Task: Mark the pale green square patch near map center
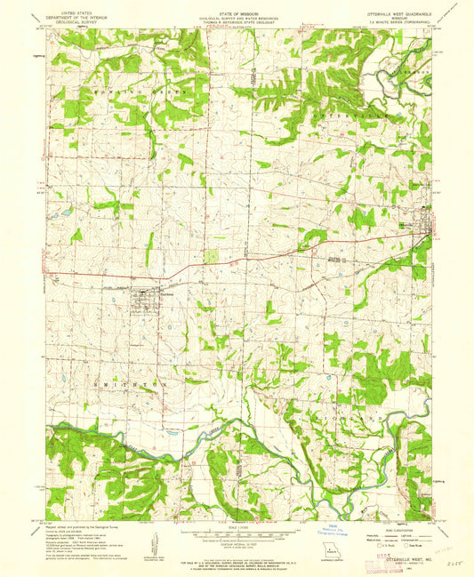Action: pyautogui.click(x=211, y=256)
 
